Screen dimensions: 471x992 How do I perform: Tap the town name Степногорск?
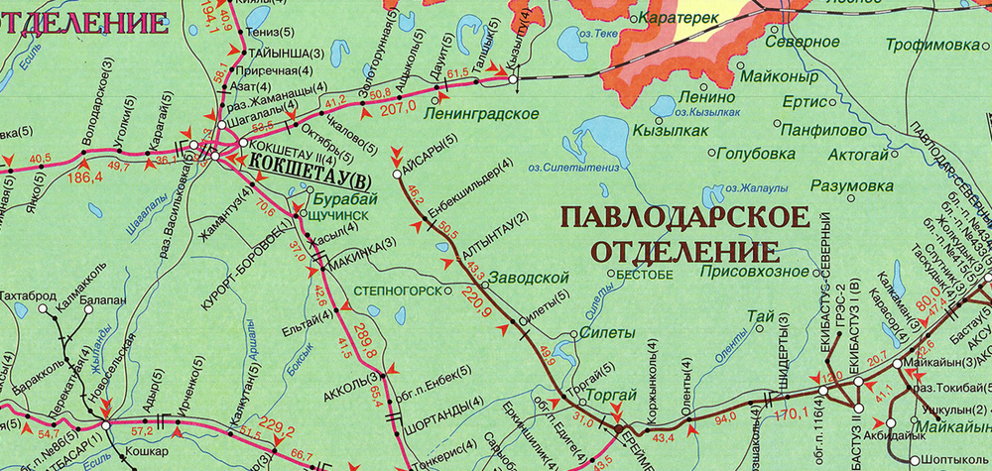tap(398, 293)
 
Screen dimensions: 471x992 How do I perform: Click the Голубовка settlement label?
tap(755, 154)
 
